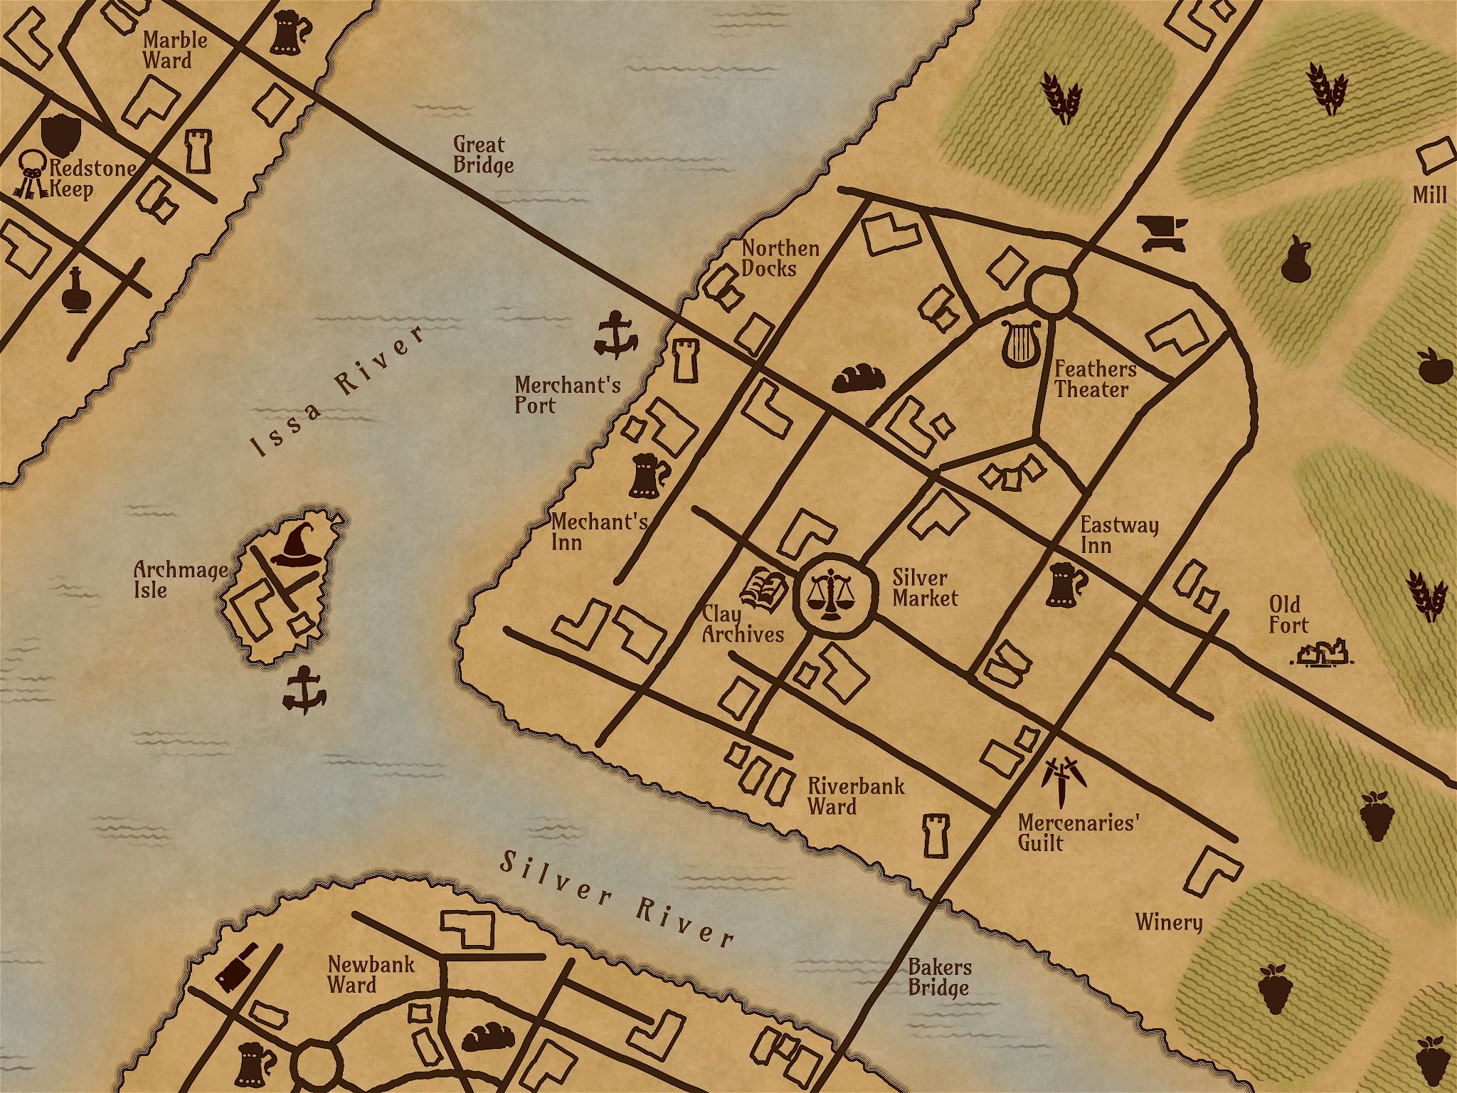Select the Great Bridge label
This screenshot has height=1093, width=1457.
pos(483,155)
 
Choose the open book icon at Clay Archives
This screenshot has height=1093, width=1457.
pos(763,588)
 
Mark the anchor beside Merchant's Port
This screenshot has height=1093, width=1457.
pos(615,334)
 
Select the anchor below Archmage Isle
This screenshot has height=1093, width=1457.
pos(304,690)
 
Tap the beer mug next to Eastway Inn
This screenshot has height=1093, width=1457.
pos(1065,584)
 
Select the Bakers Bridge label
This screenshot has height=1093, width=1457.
pos(939,977)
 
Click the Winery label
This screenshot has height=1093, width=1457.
pos(1168,922)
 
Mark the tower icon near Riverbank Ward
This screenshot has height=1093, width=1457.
pos(934,835)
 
